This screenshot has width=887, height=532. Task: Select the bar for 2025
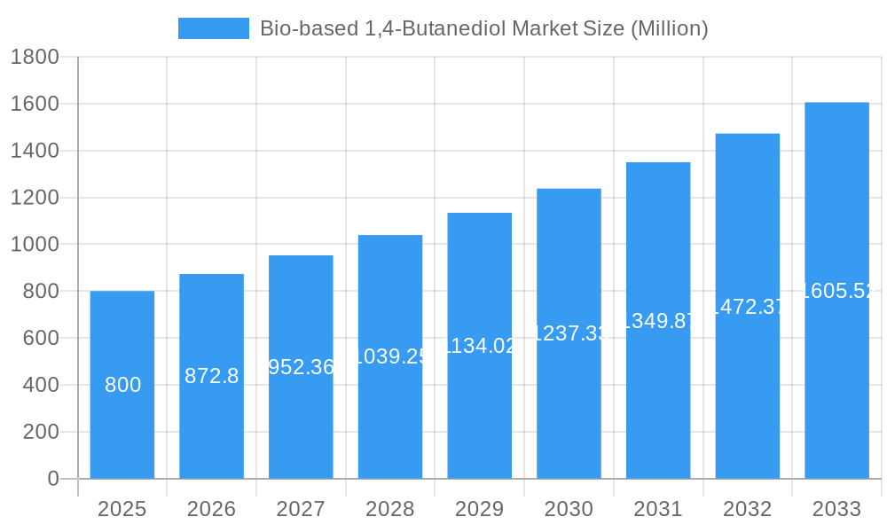(x=122, y=426)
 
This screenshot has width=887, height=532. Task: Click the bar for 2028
(x=390, y=417)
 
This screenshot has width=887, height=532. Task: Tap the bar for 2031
(x=658, y=399)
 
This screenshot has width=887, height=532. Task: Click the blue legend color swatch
(x=214, y=28)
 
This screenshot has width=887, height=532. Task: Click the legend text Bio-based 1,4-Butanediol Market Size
(x=483, y=28)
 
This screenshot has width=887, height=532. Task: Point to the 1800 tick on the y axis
(x=35, y=58)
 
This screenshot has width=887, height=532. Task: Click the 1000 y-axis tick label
(x=35, y=245)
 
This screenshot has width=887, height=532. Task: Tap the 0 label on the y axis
(x=52, y=479)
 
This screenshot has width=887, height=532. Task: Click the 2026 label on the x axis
(x=211, y=509)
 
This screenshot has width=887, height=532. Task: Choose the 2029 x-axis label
(x=479, y=509)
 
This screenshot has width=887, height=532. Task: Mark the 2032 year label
(x=747, y=509)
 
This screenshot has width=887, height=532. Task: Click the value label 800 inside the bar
(x=122, y=385)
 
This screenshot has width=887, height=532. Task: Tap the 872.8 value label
(x=211, y=376)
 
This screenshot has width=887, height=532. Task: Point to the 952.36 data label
(x=301, y=367)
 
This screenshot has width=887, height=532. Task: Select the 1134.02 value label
(x=480, y=346)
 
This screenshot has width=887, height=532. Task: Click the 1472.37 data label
(x=748, y=307)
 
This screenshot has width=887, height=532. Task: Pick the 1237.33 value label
(x=569, y=333)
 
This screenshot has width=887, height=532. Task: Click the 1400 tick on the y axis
(x=35, y=151)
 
